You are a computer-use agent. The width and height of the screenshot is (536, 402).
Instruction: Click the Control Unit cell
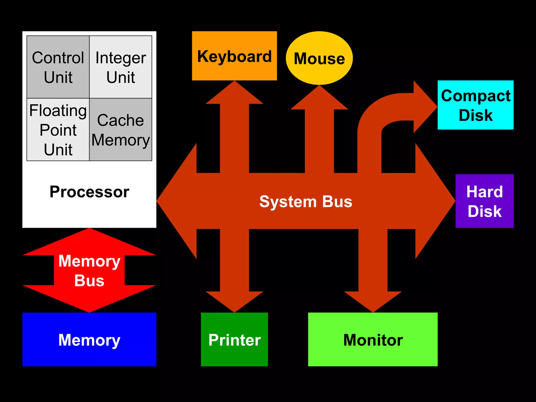[58, 67]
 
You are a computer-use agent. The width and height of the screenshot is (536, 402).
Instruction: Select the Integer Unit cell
[121, 67]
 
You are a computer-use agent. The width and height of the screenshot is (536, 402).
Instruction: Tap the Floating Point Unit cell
[58, 130]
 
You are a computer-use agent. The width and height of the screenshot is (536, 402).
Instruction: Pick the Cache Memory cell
[121, 130]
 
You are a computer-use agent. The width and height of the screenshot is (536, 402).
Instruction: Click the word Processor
[89, 192]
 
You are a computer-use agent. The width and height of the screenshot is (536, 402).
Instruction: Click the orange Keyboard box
[234, 56]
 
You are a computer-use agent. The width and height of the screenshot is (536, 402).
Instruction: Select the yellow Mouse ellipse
[319, 58]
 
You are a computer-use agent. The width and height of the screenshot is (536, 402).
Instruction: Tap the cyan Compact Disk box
[476, 105]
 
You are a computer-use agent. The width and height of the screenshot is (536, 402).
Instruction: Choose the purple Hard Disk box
[484, 201]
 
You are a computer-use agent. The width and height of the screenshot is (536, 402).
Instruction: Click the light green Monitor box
[373, 339]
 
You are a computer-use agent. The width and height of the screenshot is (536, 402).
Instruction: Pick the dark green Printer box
[234, 339]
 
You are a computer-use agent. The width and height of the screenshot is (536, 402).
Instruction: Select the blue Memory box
[89, 339]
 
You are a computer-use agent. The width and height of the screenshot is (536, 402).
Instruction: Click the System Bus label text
[306, 202]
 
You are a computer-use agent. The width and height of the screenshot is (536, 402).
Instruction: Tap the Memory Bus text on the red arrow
[89, 271]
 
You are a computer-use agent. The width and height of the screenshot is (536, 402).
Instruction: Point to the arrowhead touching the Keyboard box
[234, 94]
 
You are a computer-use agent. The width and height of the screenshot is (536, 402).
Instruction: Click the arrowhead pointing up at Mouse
[319, 99]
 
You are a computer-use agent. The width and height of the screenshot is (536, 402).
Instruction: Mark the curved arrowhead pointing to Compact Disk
[424, 107]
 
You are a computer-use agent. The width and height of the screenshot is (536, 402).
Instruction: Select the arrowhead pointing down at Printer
[234, 301]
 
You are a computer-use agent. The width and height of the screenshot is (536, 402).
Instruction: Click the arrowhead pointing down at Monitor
[373, 301]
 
